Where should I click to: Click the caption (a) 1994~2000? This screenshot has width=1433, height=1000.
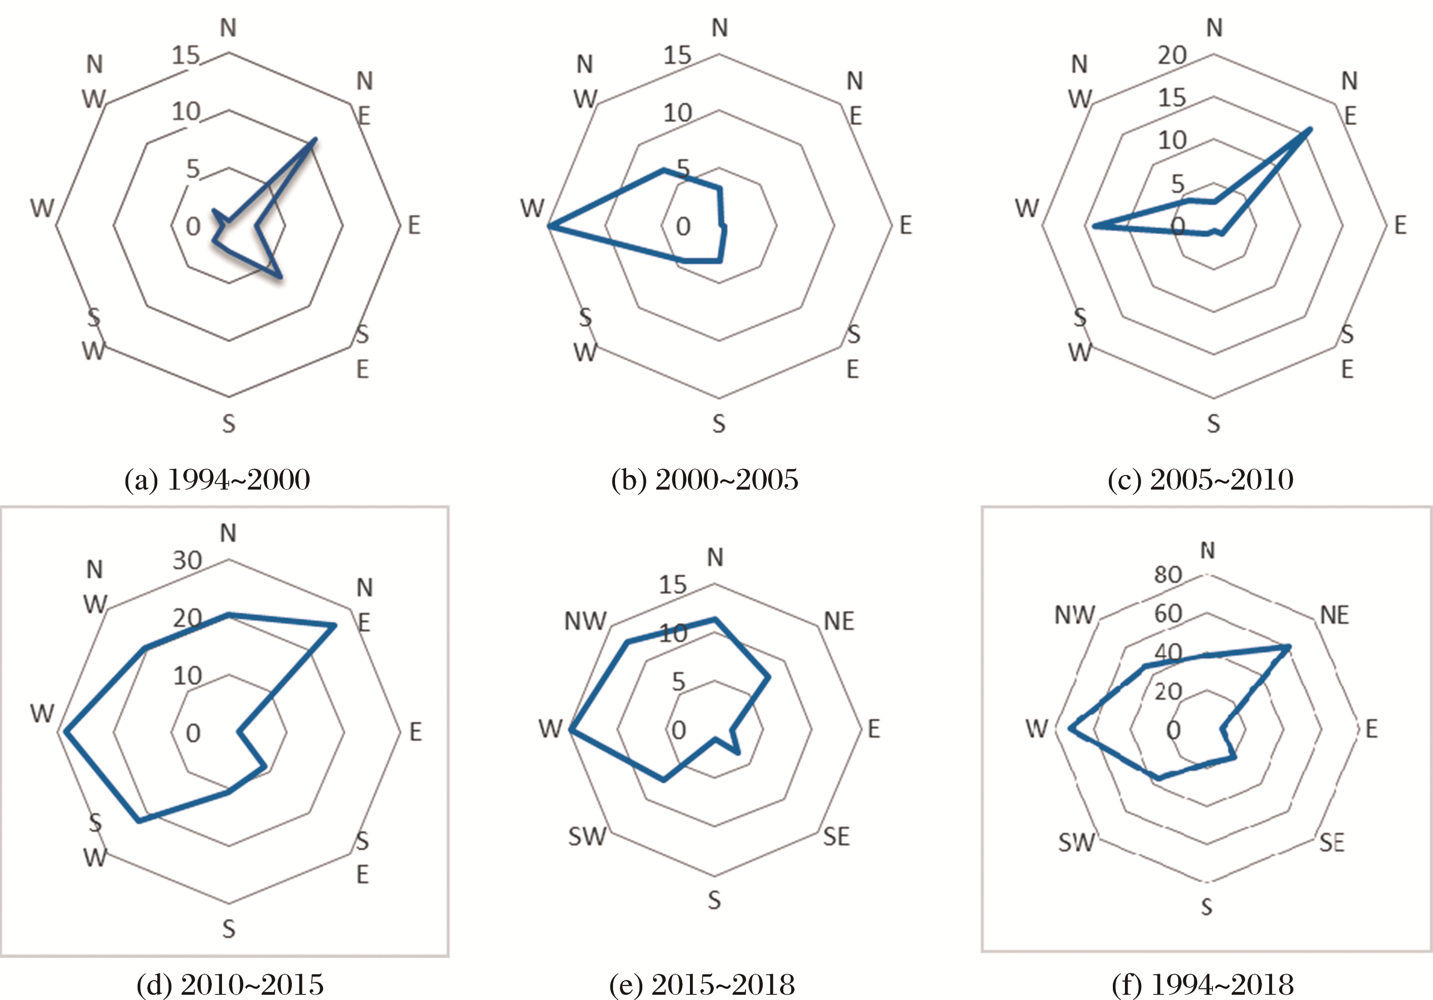tap(217, 480)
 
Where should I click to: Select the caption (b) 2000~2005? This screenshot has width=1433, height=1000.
tap(705, 480)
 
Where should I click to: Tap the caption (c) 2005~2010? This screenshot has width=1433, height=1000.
tap(1200, 480)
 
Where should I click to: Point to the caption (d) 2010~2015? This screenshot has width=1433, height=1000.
tap(230, 984)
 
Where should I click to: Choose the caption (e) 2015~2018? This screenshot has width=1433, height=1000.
tap(702, 984)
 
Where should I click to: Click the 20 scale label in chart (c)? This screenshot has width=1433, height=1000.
tap(1171, 56)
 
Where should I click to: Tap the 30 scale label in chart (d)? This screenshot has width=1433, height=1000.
tap(187, 560)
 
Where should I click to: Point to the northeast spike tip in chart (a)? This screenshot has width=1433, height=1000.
tap(315, 139)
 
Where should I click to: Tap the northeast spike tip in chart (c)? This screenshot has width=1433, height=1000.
tap(1310, 129)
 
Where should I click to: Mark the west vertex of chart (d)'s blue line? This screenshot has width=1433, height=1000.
tap(66, 731)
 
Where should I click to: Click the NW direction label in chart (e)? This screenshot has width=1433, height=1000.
tap(585, 621)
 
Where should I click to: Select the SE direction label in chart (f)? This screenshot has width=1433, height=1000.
tap(1331, 843)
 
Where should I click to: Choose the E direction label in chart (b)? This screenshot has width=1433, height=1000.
tap(905, 226)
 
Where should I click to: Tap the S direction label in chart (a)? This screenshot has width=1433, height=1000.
tap(229, 424)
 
